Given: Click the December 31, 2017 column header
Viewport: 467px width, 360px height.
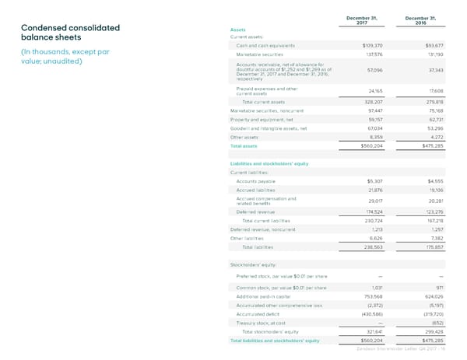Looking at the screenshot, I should [x=356, y=20].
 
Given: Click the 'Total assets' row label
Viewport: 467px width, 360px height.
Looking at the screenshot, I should [x=244, y=145].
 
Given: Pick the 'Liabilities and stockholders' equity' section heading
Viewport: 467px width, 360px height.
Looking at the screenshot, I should [x=269, y=163].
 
